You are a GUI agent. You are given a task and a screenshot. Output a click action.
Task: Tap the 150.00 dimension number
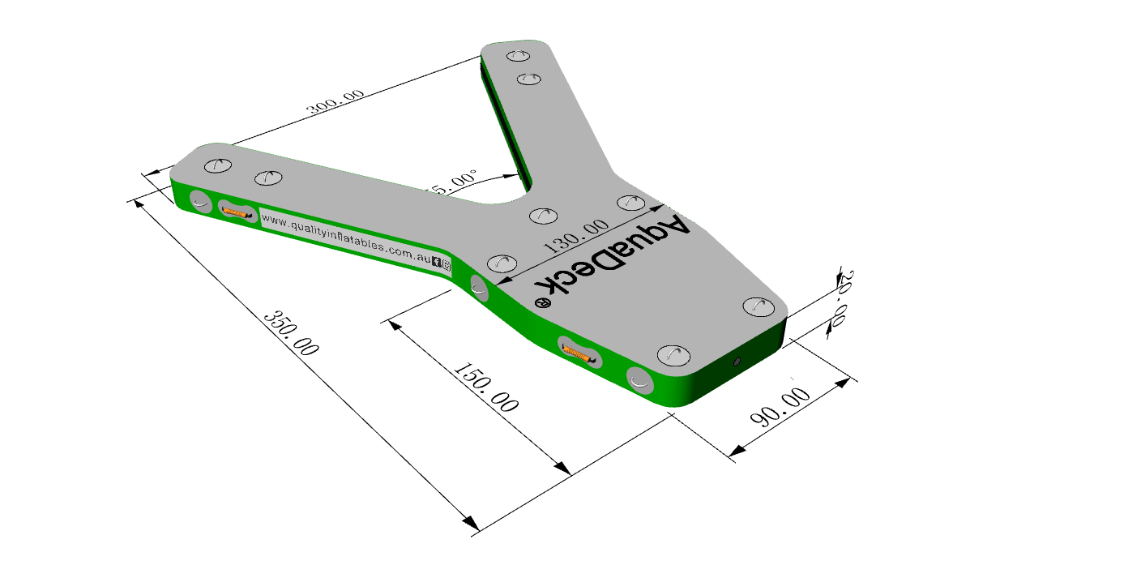[486, 388]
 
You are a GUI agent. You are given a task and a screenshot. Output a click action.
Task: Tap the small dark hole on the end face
[736, 362]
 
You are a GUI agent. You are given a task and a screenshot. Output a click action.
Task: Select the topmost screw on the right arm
[517, 56]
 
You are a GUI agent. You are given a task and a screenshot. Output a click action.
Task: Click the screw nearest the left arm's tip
[218, 165]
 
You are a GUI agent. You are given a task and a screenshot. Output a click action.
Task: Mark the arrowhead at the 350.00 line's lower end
[468, 526]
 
